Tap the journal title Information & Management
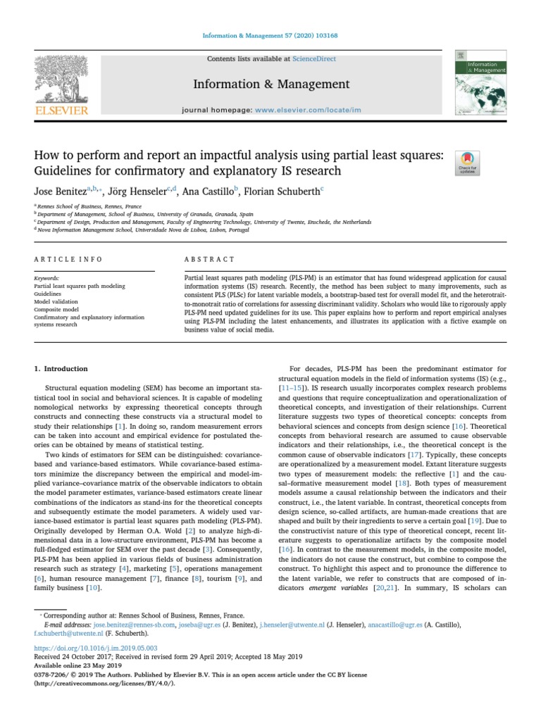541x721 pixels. tap(271, 84)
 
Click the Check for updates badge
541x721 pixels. tap(468, 163)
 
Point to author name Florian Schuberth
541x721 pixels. tap(284, 190)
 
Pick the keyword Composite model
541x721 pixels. tap(56, 308)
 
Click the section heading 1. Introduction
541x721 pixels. tap(61, 368)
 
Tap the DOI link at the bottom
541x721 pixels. tap(96, 646)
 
